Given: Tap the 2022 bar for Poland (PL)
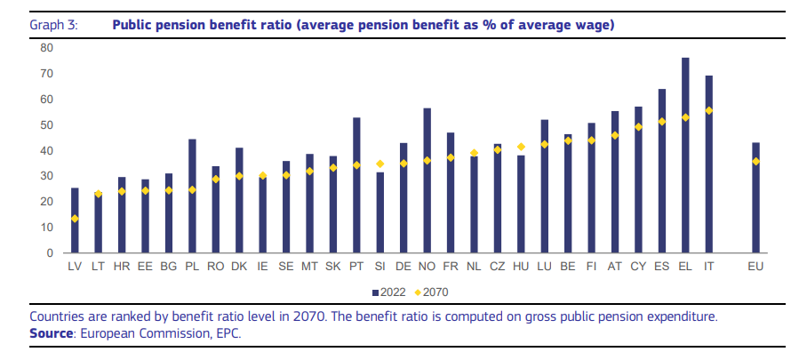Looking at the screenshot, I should coord(192,196).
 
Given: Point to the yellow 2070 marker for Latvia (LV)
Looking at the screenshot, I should coord(75,219).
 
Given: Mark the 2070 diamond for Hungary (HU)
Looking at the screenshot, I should coord(521,147).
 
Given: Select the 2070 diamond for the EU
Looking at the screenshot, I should coord(755,161).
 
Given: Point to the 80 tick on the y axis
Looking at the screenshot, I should coord(47,48).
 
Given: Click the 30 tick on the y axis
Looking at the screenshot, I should coord(47,176).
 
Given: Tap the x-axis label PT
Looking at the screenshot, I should coord(356,266).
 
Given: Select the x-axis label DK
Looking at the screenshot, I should coord(239,266).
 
